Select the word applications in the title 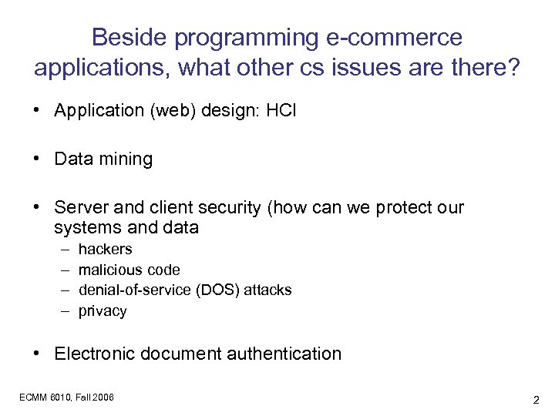coord(103,69)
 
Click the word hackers coord(105,249)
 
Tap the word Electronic coord(97,354)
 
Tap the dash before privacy coord(62,311)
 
